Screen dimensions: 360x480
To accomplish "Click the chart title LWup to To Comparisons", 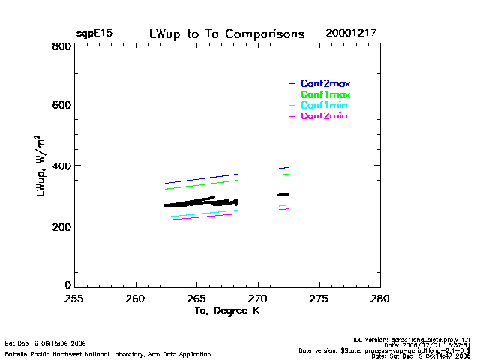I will click(x=226, y=34).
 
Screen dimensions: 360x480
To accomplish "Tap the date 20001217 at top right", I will click(x=351, y=34).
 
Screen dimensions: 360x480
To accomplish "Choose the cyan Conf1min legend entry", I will click(x=325, y=106).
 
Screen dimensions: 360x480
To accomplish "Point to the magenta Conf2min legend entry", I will click(x=324, y=116).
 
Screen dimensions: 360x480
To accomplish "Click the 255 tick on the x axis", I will click(x=73, y=298).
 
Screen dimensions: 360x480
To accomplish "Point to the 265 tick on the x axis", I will click(x=196, y=298).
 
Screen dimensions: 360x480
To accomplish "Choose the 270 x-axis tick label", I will click(x=258, y=298).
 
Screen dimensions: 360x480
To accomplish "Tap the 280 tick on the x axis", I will click(x=380, y=298).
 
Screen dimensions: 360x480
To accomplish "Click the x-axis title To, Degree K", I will click(x=226, y=310).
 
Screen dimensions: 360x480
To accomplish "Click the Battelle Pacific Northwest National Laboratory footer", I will click(x=108, y=353).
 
